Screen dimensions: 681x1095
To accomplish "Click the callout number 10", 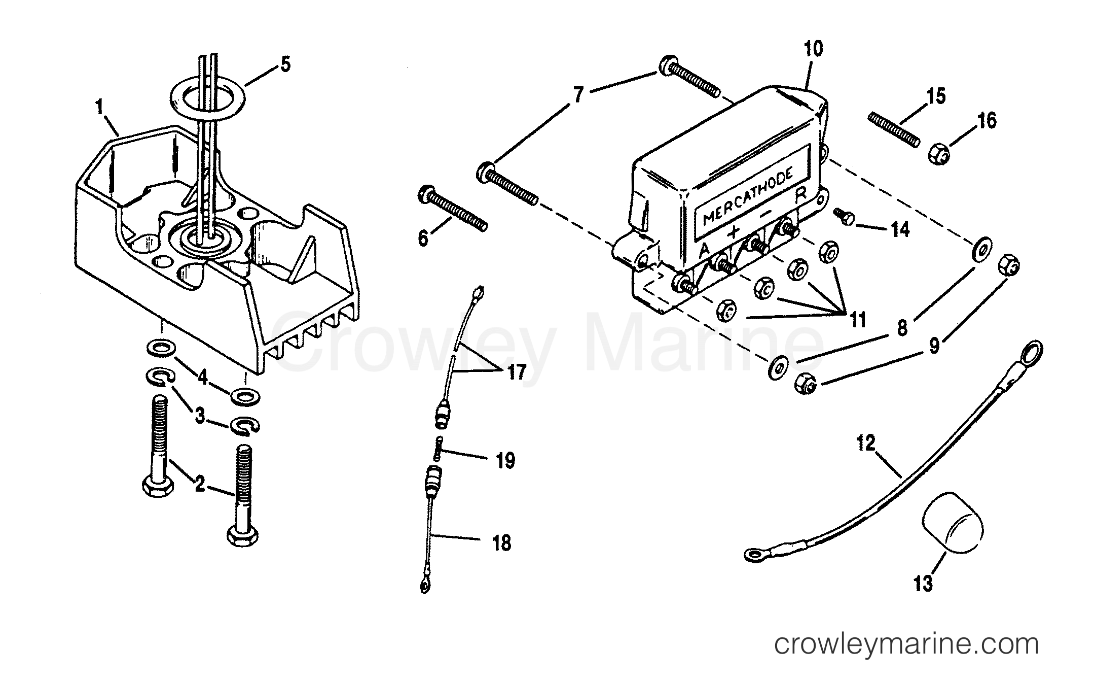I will coord(813,49).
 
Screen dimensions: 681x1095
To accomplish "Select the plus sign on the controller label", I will coord(733,233).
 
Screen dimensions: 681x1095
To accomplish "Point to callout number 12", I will coord(866,444).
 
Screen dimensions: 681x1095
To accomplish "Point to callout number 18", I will coord(501,544).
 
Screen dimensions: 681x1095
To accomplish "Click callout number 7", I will coord(579,95).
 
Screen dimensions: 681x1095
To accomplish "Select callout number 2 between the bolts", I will coord(200,484).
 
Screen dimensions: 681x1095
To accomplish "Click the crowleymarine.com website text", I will coord(906,644).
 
